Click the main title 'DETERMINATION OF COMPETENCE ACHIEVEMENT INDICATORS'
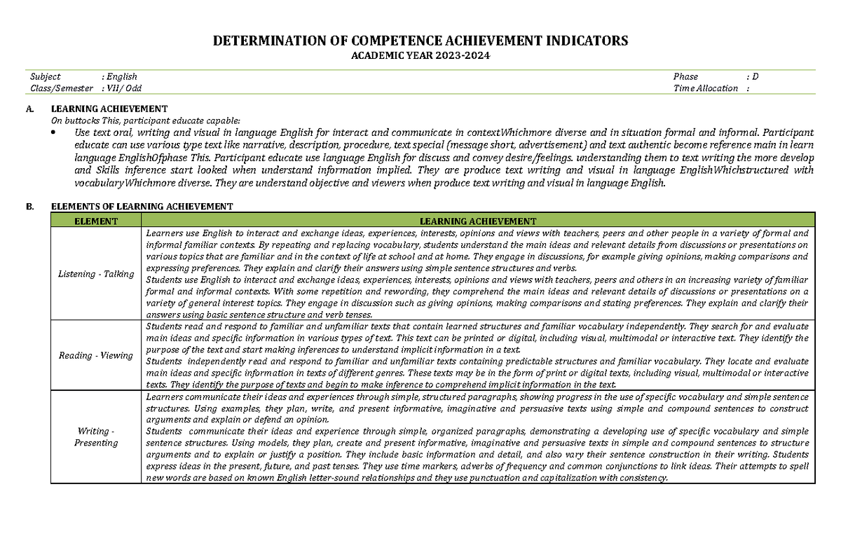point(420,41)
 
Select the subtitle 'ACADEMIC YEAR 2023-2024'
point(420,55)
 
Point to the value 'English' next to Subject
point(122,76)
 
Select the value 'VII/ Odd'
point(124,88)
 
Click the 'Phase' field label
point(685,76)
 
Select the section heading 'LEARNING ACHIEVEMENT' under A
point(109,109)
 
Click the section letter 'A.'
point(29,109)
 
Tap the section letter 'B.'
point(29,207)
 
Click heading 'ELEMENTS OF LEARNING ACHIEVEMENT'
point(142,207)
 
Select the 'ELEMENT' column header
point(96,221)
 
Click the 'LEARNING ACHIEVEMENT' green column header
point(478,221)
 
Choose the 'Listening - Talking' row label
point(96,274)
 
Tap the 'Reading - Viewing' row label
point(96,355)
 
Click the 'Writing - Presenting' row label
point(96,436)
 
